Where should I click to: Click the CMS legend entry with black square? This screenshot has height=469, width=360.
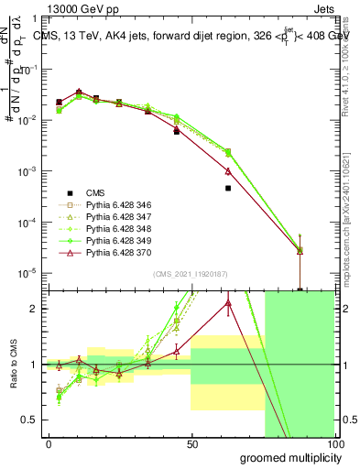click(95, 193)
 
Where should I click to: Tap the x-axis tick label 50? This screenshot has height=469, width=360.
click(191, 444)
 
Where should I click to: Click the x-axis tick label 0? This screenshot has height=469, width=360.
click(49, 444)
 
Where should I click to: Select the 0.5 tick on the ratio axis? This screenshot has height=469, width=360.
click(30, 420)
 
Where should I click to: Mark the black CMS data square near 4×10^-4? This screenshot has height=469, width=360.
click(228, 188)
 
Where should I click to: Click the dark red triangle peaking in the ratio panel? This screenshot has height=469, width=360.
click(228, 303)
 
